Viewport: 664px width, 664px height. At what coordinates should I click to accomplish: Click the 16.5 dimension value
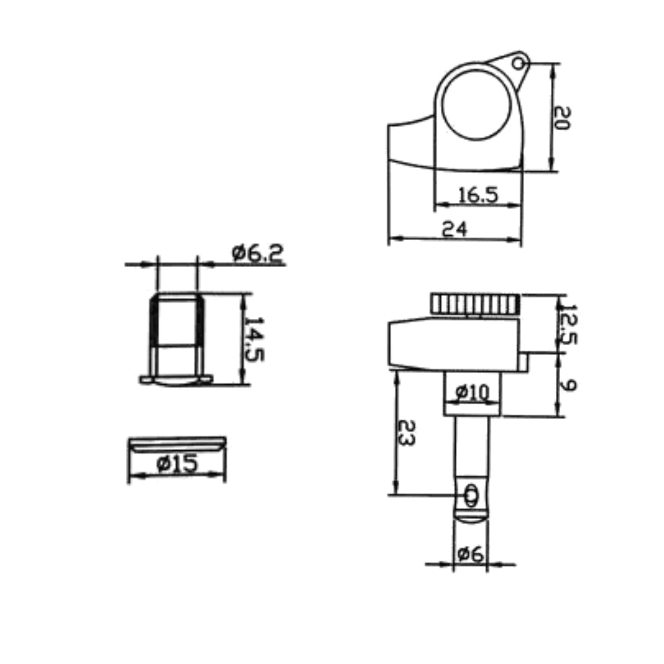(x=478, y=195)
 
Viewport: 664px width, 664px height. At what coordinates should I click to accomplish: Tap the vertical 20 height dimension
(x=563, y=118)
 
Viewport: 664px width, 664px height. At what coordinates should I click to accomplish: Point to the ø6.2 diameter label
(x=258, y=254)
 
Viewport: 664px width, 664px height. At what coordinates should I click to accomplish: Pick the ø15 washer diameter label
(x=177, y=463)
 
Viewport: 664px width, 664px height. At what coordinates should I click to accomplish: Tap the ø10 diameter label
(x=472, y=391)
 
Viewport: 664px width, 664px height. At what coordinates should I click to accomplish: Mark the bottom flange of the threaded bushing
(x=176, y=380)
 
